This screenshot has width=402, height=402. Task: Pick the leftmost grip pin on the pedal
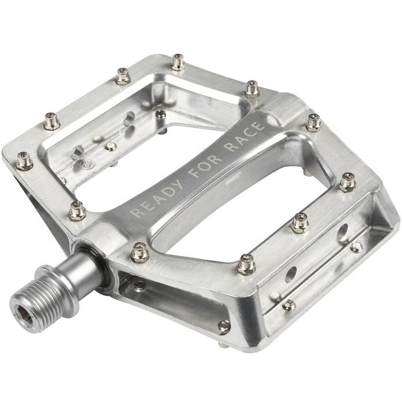pos(24,161)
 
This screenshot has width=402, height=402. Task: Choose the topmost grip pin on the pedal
pos(178,62)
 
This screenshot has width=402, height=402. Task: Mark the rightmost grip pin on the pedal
pos(347,182)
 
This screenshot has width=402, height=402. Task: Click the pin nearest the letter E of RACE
pos(251,89)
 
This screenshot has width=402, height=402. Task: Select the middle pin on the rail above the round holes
pos(299,223)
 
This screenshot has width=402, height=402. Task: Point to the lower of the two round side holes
pos(291,272)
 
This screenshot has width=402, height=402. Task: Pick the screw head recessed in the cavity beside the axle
pos(140,285)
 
